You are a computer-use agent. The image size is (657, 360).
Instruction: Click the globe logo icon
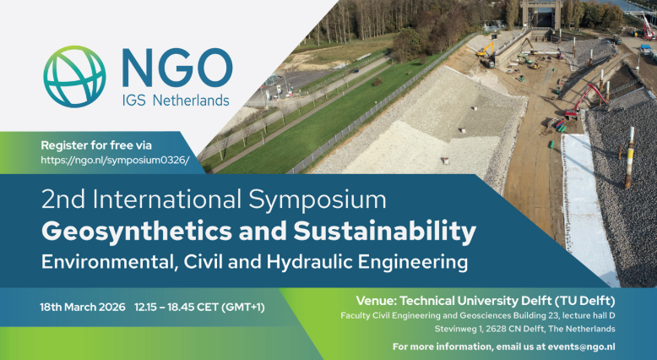click(x=74, y=77)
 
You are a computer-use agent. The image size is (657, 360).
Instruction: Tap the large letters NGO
click(x=177, y=68)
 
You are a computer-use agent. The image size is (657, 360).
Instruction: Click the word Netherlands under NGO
click(x=191, y=101)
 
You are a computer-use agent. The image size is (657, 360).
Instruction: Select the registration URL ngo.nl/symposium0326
click(x=115, y=160)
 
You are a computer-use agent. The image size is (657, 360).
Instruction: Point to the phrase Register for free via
click(x=96, y=145)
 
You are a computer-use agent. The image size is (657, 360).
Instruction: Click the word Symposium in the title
click(x=318, y=199)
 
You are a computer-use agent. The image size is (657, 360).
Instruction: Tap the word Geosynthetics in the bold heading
click(x=136, y=232)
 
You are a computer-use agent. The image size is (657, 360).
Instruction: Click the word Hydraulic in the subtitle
click(x=310, y=262)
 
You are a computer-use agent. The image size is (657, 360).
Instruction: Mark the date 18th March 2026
click(x=83, y=308)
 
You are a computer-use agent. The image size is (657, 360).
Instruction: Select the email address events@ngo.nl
click(x=582, y=346)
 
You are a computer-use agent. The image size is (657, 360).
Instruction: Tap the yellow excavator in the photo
click(x=486, y=53)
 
